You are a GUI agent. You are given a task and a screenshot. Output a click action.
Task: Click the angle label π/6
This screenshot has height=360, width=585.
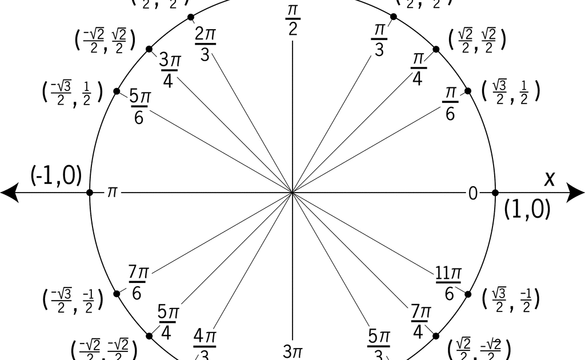[x=450, y=103]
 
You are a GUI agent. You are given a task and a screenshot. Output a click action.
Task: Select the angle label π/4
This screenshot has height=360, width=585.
[x=418, y=69]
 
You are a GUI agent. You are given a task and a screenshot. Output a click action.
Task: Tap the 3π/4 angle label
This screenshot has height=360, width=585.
[x=168, y=70]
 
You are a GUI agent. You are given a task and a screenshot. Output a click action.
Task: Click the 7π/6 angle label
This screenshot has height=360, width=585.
[x=138, y=282]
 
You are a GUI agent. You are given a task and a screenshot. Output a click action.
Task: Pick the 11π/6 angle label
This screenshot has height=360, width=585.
[x=449, y=283]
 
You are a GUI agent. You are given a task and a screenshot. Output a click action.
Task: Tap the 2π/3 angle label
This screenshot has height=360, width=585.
[x=205, y=43]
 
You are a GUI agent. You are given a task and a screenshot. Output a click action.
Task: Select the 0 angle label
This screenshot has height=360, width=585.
[x=473, y=194]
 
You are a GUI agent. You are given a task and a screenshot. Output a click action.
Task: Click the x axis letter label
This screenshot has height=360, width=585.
[x=550, y=178]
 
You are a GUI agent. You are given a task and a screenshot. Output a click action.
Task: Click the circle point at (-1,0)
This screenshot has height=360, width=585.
[x=90, y=193]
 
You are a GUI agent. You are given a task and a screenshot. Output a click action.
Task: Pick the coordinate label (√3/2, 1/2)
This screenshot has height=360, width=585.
[x=511, y=91]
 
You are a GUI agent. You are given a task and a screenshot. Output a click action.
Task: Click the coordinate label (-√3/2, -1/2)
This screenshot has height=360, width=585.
[x=73, y=301]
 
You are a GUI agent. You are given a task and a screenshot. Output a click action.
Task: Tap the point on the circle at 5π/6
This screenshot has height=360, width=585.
[x=117, y=91]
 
